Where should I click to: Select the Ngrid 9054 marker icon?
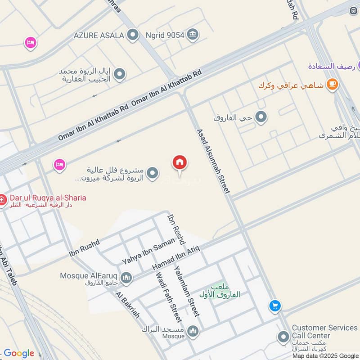[193, 34]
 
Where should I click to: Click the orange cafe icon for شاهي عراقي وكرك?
[332, 85]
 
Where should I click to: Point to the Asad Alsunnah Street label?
[213, 161]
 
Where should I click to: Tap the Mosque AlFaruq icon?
[127, 278]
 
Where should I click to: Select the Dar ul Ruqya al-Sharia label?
[47, 198]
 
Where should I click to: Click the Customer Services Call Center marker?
[283, 337]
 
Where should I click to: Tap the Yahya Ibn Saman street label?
[148, 252]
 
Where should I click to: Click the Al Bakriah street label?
[127, 305]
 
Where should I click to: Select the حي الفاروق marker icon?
[261, 118]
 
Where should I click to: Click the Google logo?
[19, 353]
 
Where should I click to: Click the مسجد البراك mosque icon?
[193, 331]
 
